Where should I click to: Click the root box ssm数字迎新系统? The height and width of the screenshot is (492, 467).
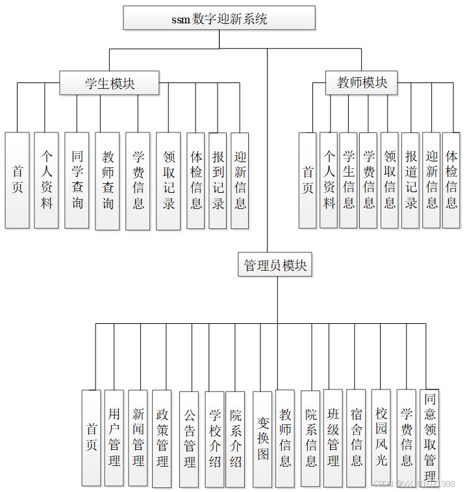219,18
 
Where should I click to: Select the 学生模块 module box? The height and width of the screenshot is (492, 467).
110,83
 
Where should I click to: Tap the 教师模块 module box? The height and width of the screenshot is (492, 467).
361,83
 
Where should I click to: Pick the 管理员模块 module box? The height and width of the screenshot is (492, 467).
275,265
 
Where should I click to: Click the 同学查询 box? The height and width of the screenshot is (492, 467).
77,180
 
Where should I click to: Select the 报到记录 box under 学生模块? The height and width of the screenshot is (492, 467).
218,180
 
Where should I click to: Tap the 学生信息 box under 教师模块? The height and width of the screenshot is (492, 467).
348,180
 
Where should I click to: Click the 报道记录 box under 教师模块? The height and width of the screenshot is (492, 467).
410,180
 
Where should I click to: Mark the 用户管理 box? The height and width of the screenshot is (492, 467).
114,437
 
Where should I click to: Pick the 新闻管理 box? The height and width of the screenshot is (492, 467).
138,437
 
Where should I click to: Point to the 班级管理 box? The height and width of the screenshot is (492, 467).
333,437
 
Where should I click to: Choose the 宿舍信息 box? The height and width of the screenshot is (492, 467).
356,437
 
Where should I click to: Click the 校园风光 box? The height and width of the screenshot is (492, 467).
381,437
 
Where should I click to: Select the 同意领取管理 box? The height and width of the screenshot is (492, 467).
429,437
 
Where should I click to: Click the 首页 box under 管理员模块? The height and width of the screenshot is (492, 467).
92,437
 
